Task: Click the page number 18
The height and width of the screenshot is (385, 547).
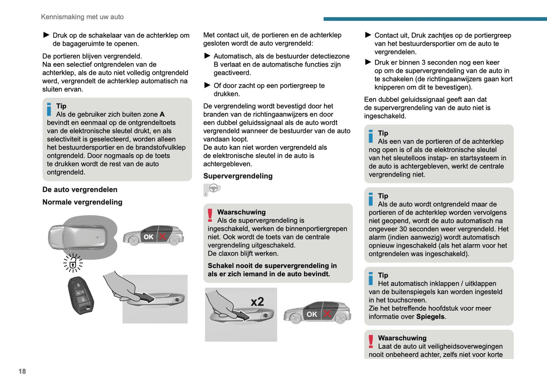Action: pyautogui.click(x=22, y=371)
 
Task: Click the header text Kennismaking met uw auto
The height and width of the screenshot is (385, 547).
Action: pyautogui.click(x=82, y=17)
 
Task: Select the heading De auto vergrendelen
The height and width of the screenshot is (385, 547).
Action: pyautogui.click(x=80, y=189)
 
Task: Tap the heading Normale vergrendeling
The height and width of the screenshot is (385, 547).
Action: pyautogui.click(x=82, y=202)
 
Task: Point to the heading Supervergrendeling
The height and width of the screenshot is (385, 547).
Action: pyautogui.click(x=238, y=176)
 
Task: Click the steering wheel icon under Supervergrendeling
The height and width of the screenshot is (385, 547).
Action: pyautogui.click(x=213, y=188)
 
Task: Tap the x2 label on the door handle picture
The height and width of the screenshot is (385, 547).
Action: pyautogui.click(x=257, y=301)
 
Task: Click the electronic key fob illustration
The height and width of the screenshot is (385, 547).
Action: pyautogui.click(x=81, y=295)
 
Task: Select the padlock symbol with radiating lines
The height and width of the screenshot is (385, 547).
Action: pyautogui.click(x=73, y=263)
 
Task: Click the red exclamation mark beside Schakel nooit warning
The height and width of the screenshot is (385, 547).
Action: pyautogui.click(x=210, y=215)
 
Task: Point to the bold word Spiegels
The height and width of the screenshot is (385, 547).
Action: pyautogui.click(x=430, y=317)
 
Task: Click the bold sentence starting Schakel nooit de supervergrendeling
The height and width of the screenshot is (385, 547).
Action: pyautogui.click(x=272, y=270)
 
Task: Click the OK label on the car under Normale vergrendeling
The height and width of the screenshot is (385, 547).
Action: pyautogui.click(x=148, y=237)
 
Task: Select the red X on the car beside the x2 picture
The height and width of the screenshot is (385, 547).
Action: pyautogui.click(x=327, y=314)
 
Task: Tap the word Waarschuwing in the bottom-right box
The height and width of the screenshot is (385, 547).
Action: pyautogui.click(x=402, y=338)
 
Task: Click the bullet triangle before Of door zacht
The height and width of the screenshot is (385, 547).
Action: pyautogui.click(x=207, y=85)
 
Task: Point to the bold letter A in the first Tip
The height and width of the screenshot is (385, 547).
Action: pyautogui.click(x=162, y=114)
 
